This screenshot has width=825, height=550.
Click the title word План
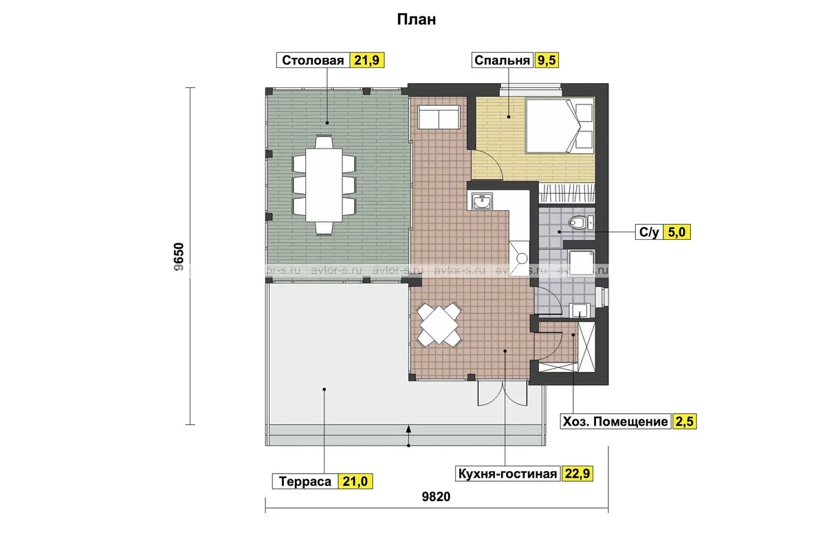pyautogui.click(x=416, y=19)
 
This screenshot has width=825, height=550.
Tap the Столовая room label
pyautogui.click(x=313, y=60)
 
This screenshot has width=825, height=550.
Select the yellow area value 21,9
pyautogui.click(x=366, y=60)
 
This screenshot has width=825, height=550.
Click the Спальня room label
pyautogui.click(x=502, y=60)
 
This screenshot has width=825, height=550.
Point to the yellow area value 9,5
pyautogui.click(x=547, y=60)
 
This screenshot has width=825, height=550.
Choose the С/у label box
pyautogui.click(x=649, y=232)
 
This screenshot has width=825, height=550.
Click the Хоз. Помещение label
pyautogui.click(x=615, y=421)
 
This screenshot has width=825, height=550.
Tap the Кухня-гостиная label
pyautogui.click(x=507, y=474)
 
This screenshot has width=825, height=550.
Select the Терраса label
pyautogui.click(x=305, y=481)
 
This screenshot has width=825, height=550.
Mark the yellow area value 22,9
pyautogui.click(x=577, y=474)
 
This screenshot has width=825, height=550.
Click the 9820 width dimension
pyautogui.click(x=436, y=496)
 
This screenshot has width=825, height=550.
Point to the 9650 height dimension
pyautogui.click(x=179, y=256)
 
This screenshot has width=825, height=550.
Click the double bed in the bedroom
pyautogui.click(x=560, y=126)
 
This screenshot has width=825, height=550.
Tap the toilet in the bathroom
pyautogui.click(x=580, y=223)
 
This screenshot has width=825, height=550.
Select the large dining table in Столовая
pyautogui.click(x=324, y=185)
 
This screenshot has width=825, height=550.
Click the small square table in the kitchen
pyautogui.click(x=439, y=324)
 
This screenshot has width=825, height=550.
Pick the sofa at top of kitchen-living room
pyautogui.click(x=439, y=117)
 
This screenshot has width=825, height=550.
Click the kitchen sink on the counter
pyautogui.click(x=482, y=201)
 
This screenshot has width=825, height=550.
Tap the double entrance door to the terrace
pyautogui.click(x=503, y=393)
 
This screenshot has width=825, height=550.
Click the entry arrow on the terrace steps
pyautogui.click(x=408, y=436)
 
